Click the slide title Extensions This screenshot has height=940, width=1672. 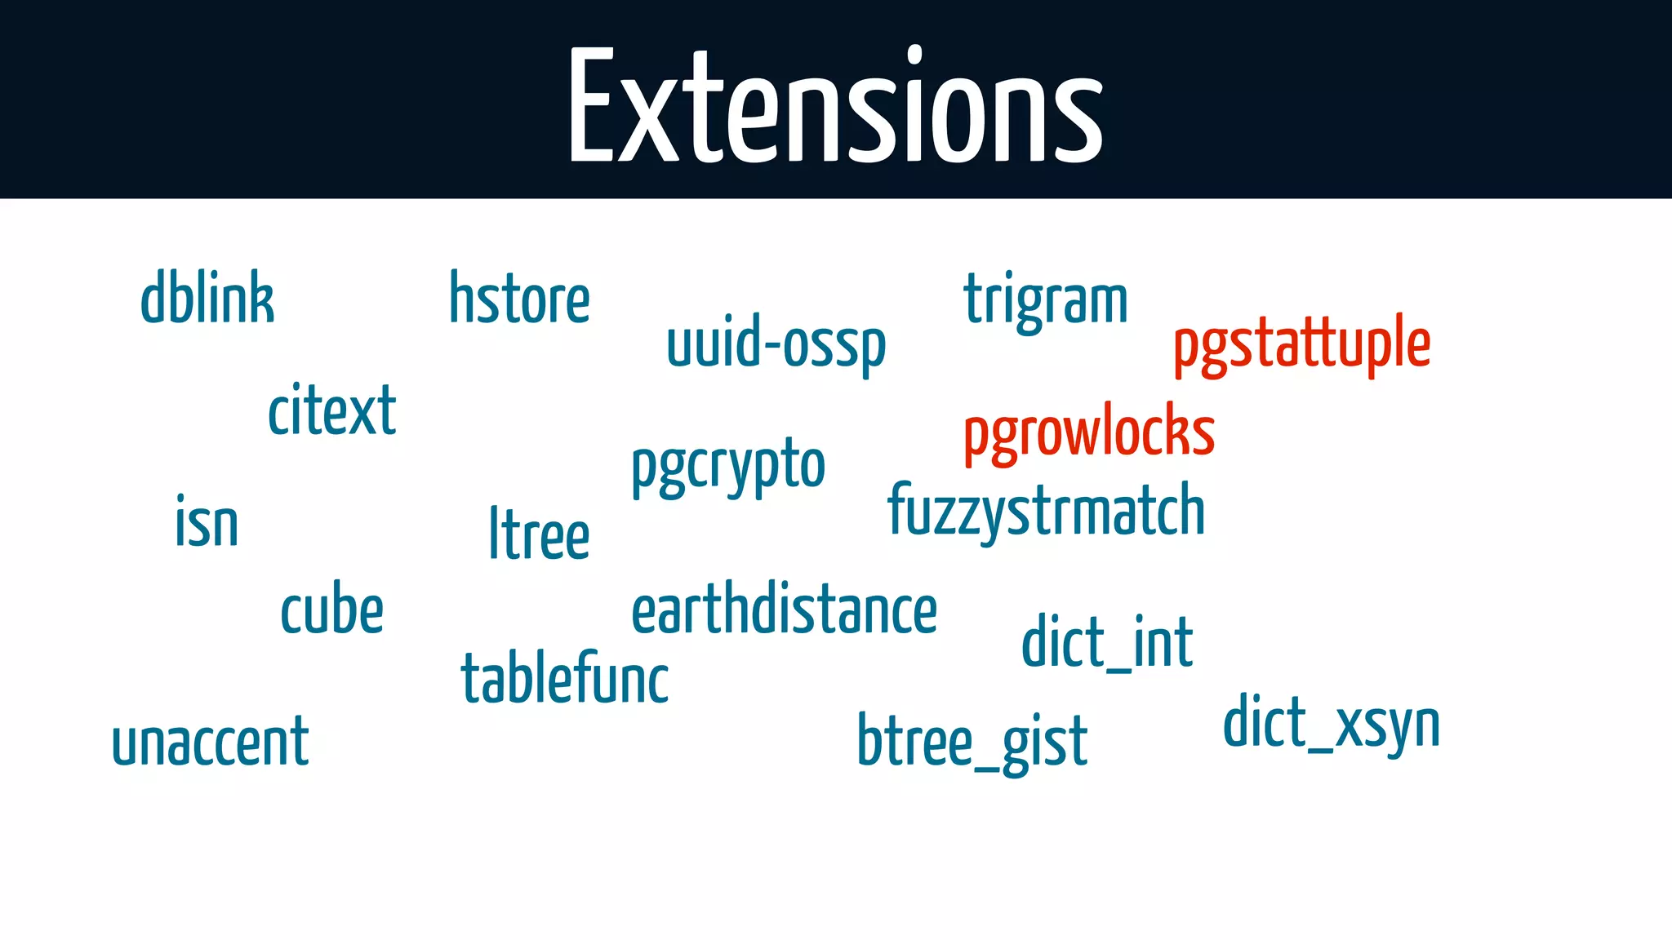click(836, 106)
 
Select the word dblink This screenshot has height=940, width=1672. click(207, 299)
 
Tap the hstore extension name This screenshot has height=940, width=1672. click(519, 299)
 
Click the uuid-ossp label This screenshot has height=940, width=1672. click(776, 344)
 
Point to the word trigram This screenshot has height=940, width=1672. click(1046, 300)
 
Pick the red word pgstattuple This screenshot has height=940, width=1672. click(1301, 344)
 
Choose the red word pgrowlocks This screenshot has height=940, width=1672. click(1089, 432)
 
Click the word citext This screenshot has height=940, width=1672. click(332, 410)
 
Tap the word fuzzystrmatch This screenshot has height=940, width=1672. click(1046, 511)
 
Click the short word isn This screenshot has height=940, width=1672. click(207, 522)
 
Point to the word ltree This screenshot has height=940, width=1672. click(539, 534)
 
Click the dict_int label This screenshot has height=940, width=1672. click(1107, 643)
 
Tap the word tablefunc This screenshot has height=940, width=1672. click(565, 679)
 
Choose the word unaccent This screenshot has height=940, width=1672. click(211, 742)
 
